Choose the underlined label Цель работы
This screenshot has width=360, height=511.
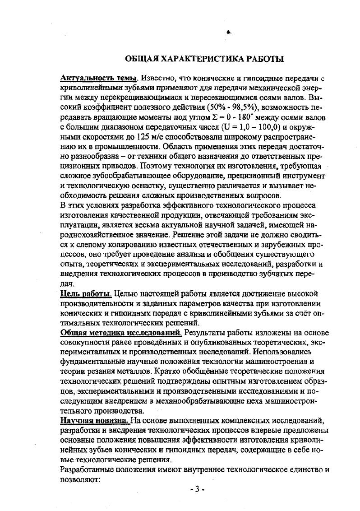coord(86,294)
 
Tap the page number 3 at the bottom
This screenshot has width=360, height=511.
coord(197,490)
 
